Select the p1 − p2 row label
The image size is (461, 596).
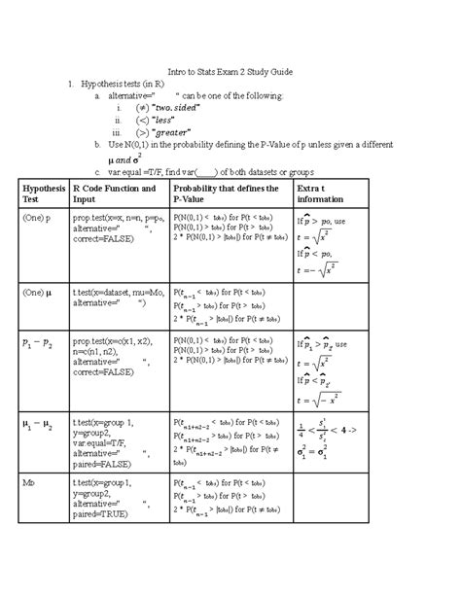37,343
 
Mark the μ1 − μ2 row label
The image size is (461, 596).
37,425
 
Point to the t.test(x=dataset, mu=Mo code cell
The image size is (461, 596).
115,296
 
